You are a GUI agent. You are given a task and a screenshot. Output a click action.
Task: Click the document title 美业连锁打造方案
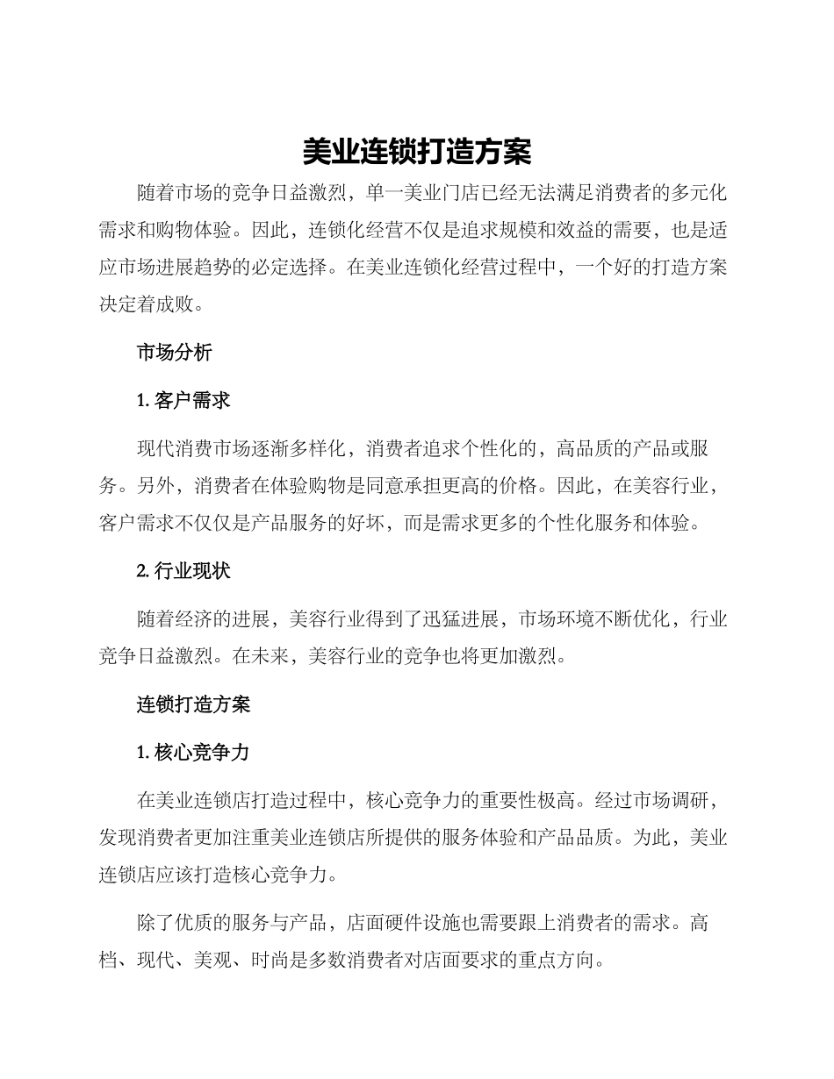tap(417, 152)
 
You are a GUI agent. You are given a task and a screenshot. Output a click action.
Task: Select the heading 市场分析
tap(174, 353)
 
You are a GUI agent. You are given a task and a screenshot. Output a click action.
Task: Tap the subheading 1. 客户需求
tap(183, 401)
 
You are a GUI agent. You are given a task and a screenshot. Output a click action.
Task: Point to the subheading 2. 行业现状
tap(183, 571)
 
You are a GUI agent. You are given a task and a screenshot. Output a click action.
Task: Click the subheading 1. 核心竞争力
tap(193, 752)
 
